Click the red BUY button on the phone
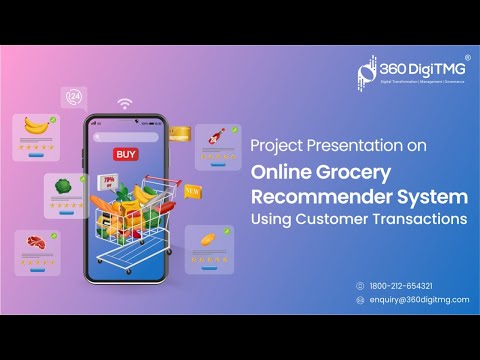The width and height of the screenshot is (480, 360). pos(126,154)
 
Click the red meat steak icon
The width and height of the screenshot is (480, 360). pos(38,243)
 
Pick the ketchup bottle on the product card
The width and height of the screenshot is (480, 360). pos(214,138)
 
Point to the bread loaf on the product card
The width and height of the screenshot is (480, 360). pos(208,240)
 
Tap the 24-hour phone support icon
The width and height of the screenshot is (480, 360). pos(74,96)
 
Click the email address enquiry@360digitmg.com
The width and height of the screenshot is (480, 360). pos(418,299)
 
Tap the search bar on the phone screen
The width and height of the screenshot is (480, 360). pos(126,137)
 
